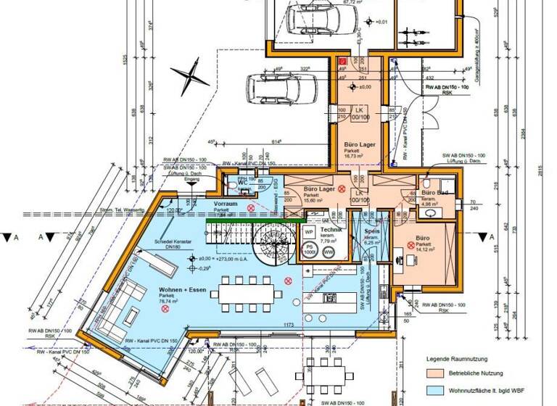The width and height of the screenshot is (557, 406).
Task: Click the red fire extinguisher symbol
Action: [343, 63]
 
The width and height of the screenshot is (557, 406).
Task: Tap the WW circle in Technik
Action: [329, 252]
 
